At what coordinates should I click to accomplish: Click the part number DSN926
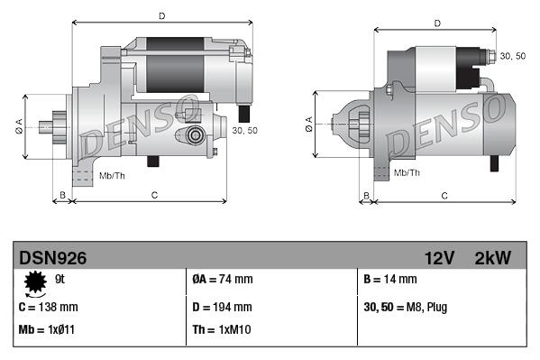click(x=52, y=258)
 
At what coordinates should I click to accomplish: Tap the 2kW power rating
click(x=492, y=258)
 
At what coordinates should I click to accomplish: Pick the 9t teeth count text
click(x=61, y=280)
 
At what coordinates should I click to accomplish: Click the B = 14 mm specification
click(x=389, y=280)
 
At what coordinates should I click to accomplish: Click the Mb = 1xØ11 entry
click(x=47, y=329)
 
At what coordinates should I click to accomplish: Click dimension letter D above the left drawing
click(x=160, y=15)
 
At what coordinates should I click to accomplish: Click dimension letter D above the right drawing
click(x=436, y=23)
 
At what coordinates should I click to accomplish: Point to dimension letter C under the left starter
click(x=155, y=194)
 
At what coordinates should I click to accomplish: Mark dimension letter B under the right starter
click(x=365, y=195)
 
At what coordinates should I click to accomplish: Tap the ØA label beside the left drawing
click(x=20, y=125)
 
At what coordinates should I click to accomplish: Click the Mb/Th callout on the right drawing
click(x=407, y=171)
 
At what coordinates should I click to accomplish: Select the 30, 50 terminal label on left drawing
click(x=244, y=130)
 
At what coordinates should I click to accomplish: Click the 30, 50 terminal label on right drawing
click(x=512, y=56)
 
